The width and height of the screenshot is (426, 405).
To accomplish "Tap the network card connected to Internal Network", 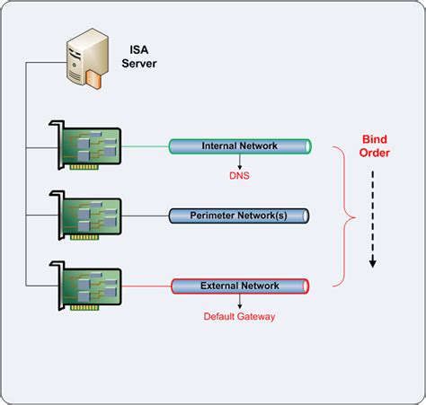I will click(x=89, y=145).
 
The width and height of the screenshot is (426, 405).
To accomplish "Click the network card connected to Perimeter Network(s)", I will click(x=89, y=216).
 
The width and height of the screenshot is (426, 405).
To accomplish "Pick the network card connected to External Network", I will click(x=89, y=286).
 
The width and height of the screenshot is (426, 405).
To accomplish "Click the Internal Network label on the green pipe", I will click(x=239, y=145).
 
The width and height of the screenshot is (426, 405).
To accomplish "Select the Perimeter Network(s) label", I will click(x=239, y=216).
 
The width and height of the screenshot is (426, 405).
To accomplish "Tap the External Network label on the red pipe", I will click(x=239, y=286).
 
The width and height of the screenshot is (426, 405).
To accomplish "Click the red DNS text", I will click(x=239, y=176).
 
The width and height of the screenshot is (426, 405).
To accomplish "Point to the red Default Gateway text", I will click(x=239, y=316).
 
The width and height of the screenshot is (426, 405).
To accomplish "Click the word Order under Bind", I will click(x=375, y=154).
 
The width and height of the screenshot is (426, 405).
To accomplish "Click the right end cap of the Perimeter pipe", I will click(x=306, y=216).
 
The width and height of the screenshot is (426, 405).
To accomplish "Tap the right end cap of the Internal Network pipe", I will click(x=306, y=145).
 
